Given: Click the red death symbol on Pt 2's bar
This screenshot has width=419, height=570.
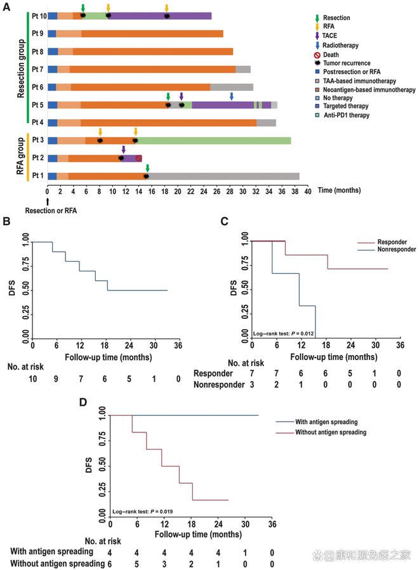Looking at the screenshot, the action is tap(138, 158).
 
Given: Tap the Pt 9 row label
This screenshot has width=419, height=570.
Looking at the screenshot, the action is tap(37, 34).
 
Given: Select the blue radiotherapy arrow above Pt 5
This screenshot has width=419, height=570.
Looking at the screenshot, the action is tap(232, 96).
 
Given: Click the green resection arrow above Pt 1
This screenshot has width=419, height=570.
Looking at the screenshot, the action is tap(147, 168).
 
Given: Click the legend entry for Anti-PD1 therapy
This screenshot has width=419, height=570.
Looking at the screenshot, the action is tap(342, 115).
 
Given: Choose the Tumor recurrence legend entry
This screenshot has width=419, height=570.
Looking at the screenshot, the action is tap(342, 63).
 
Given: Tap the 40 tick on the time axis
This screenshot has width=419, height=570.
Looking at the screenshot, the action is tap(308, 191).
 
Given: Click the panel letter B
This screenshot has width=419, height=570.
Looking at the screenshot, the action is tap(6, 221).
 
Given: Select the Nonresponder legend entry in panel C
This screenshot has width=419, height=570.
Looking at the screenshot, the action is tap(387, 249).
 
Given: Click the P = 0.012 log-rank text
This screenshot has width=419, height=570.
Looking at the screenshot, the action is tap(283, 334).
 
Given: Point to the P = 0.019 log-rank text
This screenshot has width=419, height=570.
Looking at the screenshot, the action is tap(142, 512).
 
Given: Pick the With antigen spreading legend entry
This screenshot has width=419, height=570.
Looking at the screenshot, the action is tap(317, 422).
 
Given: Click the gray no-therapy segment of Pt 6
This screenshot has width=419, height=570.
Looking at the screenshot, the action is tap(232, 87).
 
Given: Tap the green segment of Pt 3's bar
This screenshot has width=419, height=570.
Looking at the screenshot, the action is tap(213, 141).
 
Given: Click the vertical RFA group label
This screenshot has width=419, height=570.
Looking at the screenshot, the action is tap(20, 157).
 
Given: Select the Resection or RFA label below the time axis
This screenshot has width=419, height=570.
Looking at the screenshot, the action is tap(51, 211).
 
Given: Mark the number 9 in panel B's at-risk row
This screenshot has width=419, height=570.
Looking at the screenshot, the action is tap(56, 379).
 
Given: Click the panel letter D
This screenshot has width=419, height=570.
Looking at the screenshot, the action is tap(83, 402).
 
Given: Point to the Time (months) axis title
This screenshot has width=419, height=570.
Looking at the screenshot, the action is tap(339, 190).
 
